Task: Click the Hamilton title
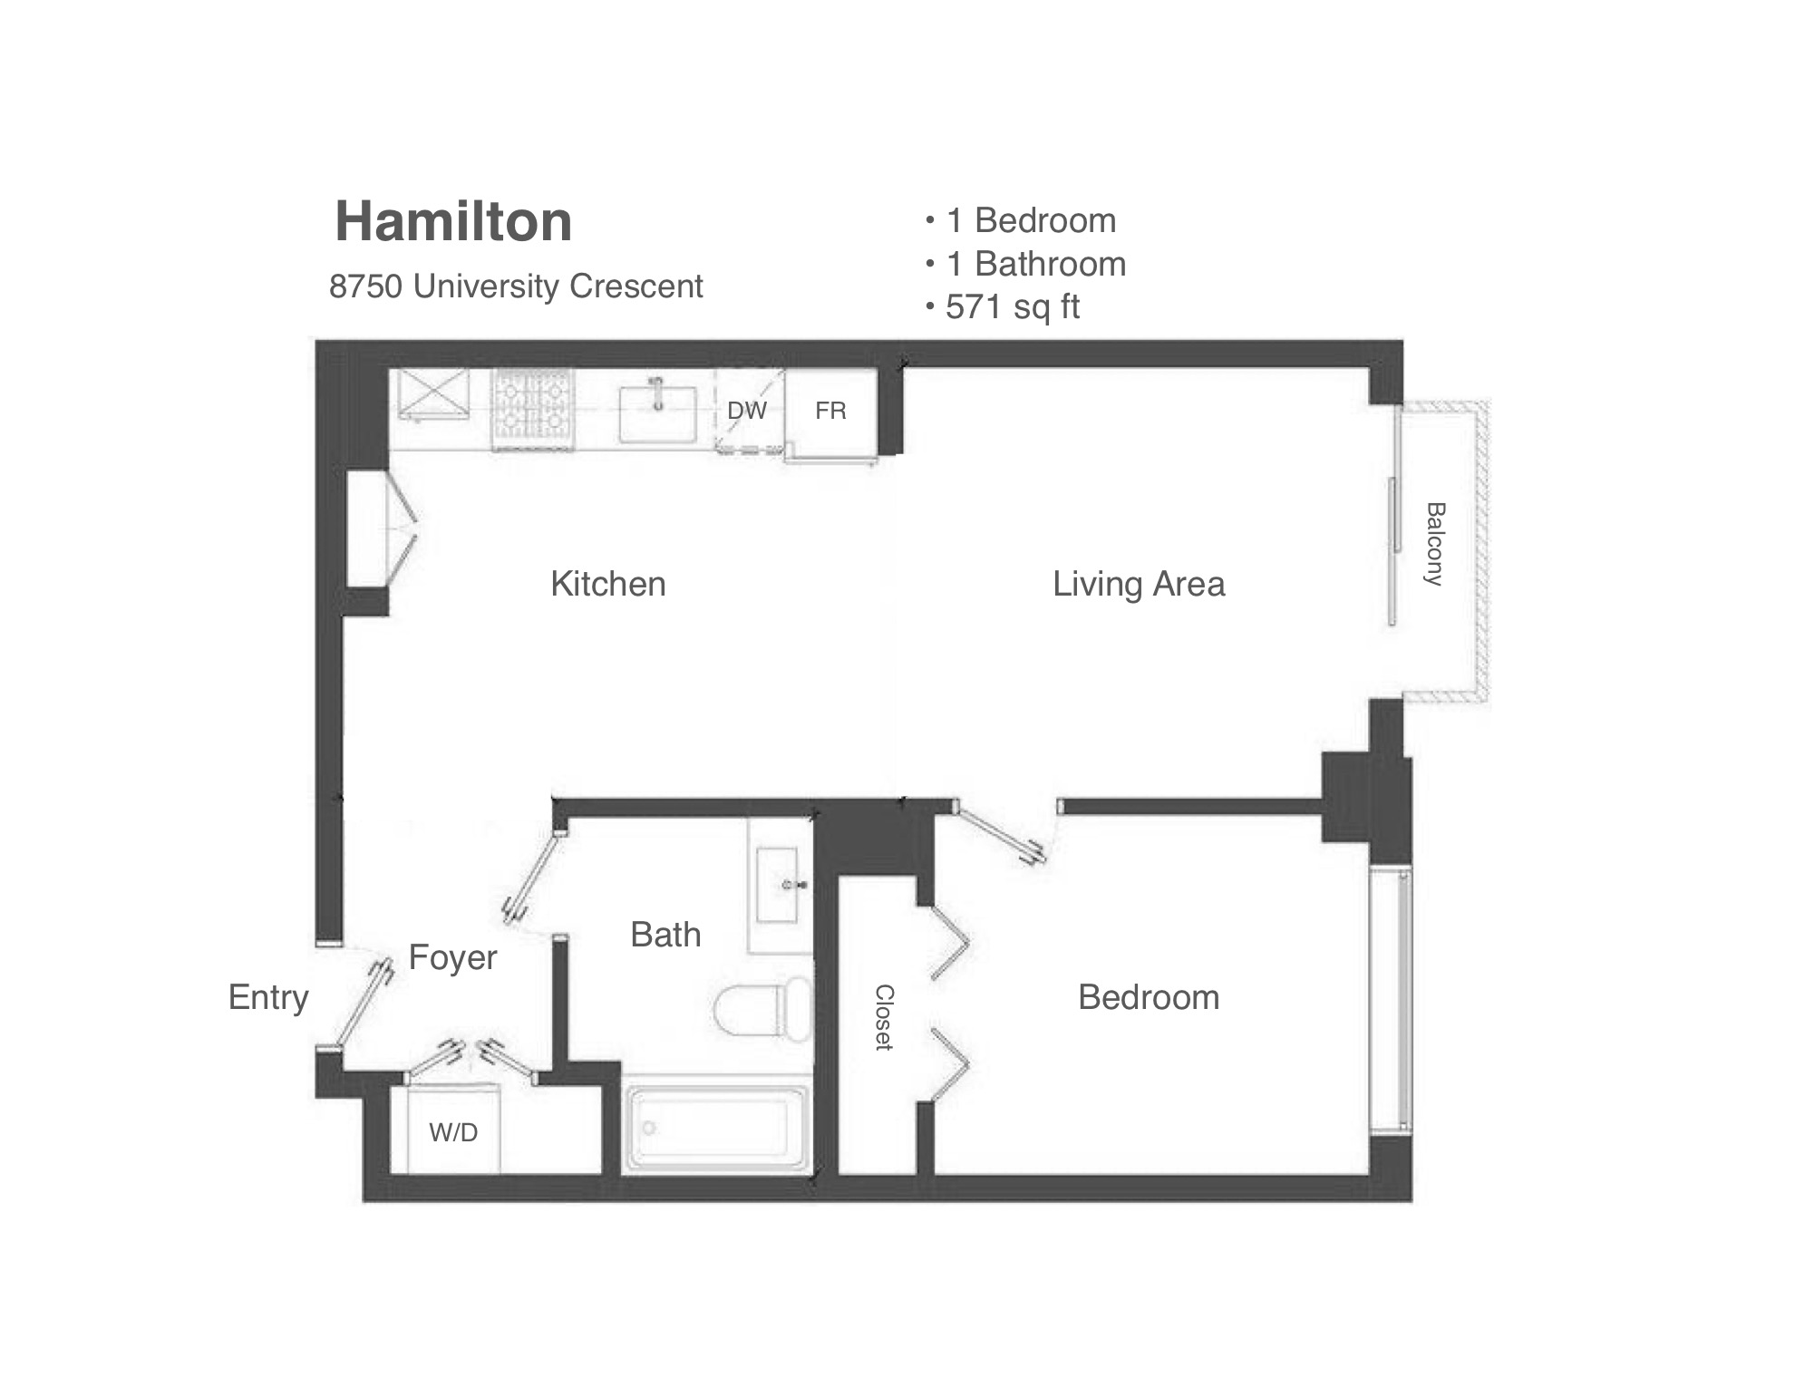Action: tap(453, 221)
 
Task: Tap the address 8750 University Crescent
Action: tap(516, 286)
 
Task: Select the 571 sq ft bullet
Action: tap(1003, 307)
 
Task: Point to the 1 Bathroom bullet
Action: tap(1026, 264)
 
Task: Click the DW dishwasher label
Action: tap(747, 411)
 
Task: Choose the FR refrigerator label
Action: tap(830, 411)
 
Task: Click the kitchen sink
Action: tap(658, 413)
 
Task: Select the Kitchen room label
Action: tap(608, 584)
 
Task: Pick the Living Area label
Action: tap(1139, 585)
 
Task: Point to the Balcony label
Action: tap(1434, 544)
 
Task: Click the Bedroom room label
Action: tap(1149, 997)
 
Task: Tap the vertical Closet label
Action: tap(884, 1017)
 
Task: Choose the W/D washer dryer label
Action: tap(453, 1132)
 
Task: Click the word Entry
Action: tap(268, 998)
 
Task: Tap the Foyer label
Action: tap(452, 958)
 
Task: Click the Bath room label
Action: tap(665, 935)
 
